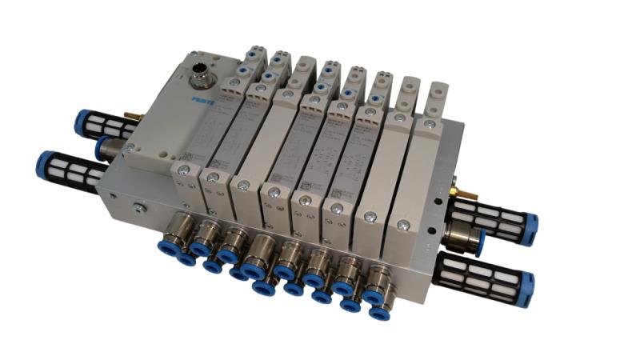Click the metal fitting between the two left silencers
pos(111,149)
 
